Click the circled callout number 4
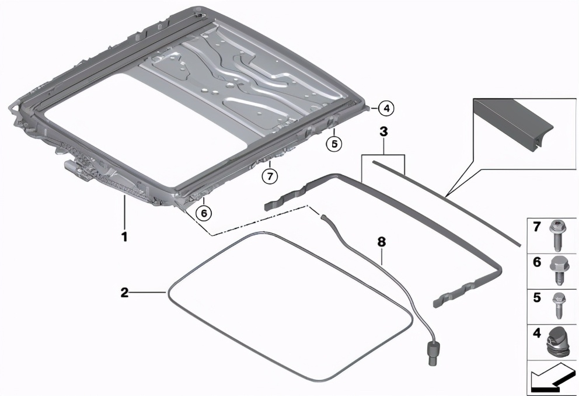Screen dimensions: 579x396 point(386,109)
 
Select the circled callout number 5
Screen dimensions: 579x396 point(334,144)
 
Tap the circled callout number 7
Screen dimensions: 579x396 point(270,176)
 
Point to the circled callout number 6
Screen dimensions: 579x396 point(204,213)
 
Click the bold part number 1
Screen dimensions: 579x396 point(124,237)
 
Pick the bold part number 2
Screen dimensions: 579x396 point(125,293)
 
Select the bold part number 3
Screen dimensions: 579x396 point(383,131)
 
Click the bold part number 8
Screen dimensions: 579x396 point(382,242)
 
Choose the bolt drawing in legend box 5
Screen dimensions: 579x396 point(559,305)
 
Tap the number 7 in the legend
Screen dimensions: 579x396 point(536,227)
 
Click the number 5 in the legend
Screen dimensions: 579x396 point(536,297)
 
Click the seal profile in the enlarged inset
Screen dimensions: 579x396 point(514,124)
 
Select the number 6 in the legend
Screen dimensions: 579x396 point(536,262)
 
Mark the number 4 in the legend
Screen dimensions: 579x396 point(536,332)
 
